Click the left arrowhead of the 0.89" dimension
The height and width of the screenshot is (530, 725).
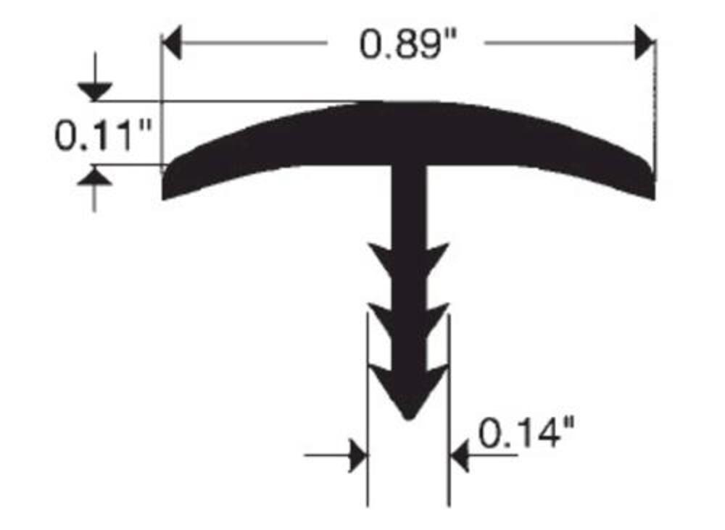pyautogui.click(x=171, y=43)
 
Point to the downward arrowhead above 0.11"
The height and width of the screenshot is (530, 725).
pyautogui.click(x=95, y=92)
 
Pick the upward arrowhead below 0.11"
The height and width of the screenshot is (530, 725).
pyautogui.click(x=95, y=175)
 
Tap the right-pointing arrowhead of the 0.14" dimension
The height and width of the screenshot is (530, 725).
pyautogui.click(x=359, y=455)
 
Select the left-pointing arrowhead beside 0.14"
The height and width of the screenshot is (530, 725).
pyautogui.click(x=459, y=455)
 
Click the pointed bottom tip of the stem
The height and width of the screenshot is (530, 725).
pyautogui.click(x=408, y=418)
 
